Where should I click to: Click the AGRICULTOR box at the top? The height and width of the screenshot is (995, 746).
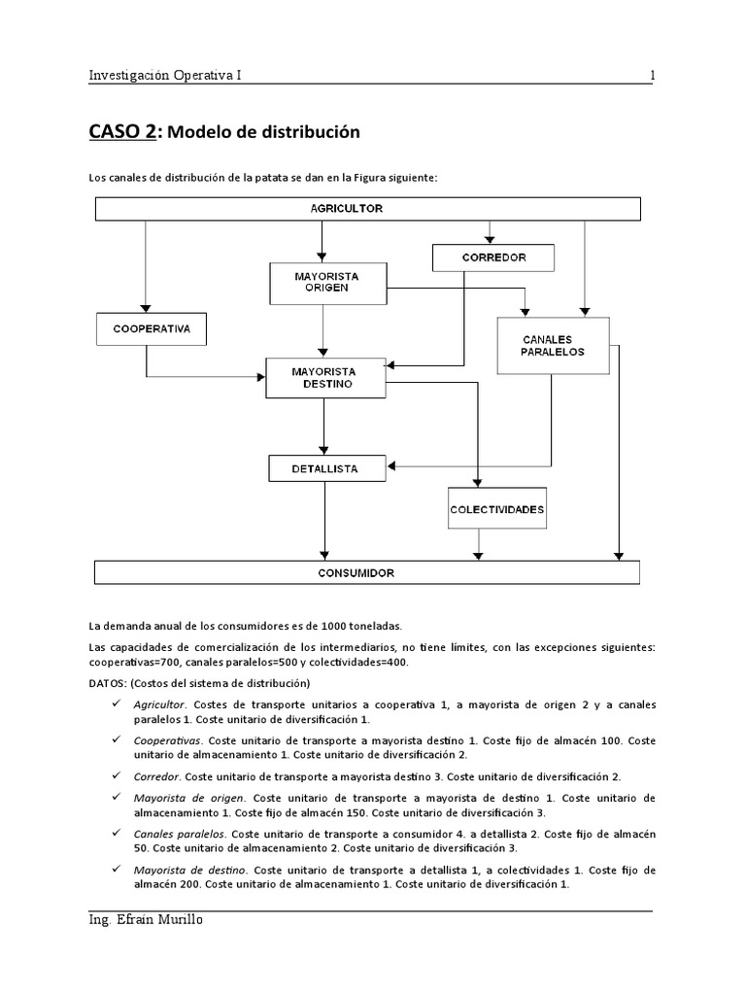[x=367, y=209]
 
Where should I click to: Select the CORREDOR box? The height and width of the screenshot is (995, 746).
[x=492, y=257]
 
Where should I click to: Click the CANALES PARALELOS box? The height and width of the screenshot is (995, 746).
[x=553, y=345]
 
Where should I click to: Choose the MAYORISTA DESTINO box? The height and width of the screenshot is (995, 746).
[x=325, y=377]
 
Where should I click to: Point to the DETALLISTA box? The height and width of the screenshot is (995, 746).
[x=325, y=468]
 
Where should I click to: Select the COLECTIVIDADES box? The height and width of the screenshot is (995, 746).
[x=497, y=509]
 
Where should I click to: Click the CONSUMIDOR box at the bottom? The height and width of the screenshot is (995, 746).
[x=367, y=572]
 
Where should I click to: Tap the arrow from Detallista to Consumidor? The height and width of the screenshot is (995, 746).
[x=325, y=521]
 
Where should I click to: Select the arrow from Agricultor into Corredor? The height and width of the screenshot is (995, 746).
[x=492, y=233]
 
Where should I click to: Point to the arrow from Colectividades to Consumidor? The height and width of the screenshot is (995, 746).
[x=476, y=545]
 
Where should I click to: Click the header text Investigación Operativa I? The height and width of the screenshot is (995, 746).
[x=166, y=75]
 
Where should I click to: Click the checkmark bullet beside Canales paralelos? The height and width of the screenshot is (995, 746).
[x=116, y=834]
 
